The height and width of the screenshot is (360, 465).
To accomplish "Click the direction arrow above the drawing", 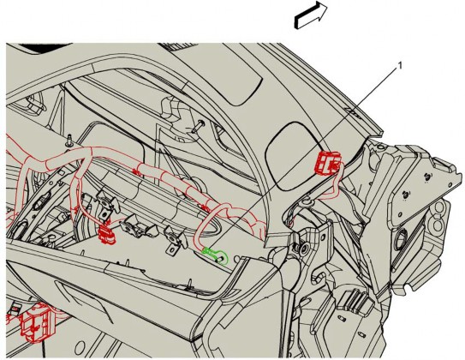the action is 311,15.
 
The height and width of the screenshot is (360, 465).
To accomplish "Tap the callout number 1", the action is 400,66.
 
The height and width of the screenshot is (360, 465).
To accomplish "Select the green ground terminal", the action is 215,255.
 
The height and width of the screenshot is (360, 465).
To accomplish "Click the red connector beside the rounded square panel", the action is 328,162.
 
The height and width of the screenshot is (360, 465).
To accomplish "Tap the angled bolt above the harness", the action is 198,126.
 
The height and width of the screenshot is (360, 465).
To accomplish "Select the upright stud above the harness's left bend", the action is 69,140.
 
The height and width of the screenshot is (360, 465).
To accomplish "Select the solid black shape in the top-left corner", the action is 45,48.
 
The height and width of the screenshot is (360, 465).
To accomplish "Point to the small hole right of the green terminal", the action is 237,259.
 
